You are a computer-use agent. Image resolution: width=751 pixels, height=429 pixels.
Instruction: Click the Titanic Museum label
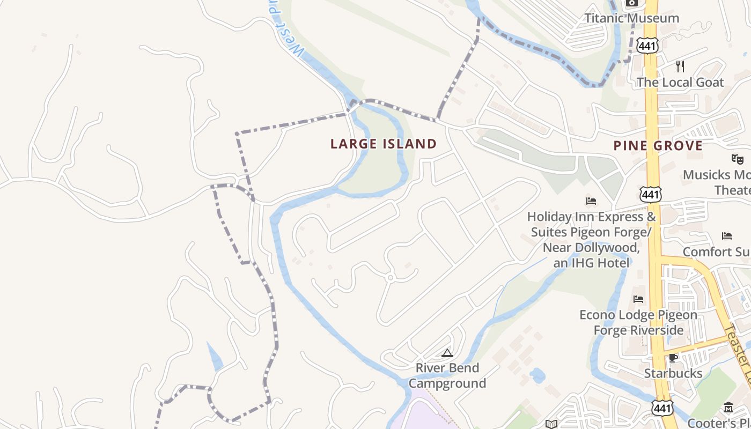click(631, 18)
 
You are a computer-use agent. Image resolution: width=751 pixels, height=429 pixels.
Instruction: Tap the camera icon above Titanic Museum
click(631, 3)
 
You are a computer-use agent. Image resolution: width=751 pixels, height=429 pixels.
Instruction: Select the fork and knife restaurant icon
click(680, 66)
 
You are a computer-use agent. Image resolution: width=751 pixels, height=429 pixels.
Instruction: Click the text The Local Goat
click(680, 83)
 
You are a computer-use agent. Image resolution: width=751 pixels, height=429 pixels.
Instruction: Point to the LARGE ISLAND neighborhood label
click(384, 144)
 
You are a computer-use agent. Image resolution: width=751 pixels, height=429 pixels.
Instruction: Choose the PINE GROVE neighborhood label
click(658, 146)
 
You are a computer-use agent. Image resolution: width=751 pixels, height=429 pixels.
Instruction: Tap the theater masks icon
click(738, 159)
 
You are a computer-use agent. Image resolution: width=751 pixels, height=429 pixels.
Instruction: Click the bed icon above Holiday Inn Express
click(591, 201)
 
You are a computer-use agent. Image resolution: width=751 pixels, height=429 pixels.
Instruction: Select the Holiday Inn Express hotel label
click(591, 240)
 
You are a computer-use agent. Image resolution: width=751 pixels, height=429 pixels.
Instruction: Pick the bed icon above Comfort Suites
click(727, 235)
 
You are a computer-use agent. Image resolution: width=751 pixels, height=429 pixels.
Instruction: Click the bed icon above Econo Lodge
click(638, 299)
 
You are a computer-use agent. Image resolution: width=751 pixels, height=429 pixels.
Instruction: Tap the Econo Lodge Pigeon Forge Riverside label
click(638, 322)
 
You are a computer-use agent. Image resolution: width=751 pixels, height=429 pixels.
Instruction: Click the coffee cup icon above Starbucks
click(673, 358)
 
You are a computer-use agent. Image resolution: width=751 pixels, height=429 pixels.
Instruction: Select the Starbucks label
click(673, 373)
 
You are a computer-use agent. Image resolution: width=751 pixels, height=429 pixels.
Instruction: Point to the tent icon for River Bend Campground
click(447, 353)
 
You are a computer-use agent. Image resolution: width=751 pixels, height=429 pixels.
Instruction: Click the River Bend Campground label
click(447, 375)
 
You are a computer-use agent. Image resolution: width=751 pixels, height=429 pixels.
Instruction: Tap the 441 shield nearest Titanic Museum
click(647, 46)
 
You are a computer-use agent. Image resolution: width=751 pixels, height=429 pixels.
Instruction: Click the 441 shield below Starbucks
click(662, 409)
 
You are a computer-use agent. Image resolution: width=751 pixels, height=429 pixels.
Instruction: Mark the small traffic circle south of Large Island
click(391, 277)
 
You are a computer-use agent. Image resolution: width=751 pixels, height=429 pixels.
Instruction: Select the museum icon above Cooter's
click(728, 408)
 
